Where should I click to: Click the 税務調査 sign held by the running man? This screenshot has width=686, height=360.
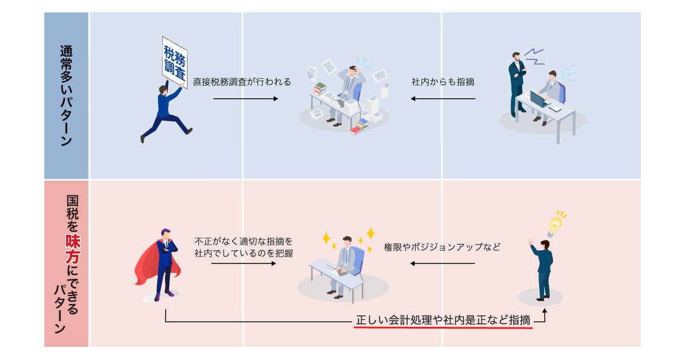[174, 62]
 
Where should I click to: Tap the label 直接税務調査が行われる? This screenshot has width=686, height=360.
[242, 82]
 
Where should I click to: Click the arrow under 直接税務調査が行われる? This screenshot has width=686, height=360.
[246, 98]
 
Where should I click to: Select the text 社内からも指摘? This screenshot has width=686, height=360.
[443, 82]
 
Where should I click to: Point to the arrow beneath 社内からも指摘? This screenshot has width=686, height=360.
[443, 98]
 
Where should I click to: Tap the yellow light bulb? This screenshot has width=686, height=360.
[555, 226]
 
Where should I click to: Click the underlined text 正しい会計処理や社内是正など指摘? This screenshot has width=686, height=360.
[443, 320]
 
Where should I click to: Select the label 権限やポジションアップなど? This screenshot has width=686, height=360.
[442, 247]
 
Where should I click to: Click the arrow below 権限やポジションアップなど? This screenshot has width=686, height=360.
[442, 263]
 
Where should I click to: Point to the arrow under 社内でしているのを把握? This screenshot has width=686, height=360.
[244, 263]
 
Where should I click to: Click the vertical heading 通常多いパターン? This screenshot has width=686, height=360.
[66, 96]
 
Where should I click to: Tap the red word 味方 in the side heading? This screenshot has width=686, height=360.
[73, 249]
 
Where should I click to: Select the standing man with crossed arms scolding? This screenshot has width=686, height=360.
[517, 85]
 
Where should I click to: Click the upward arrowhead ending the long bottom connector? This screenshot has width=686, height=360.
[544, 310]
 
